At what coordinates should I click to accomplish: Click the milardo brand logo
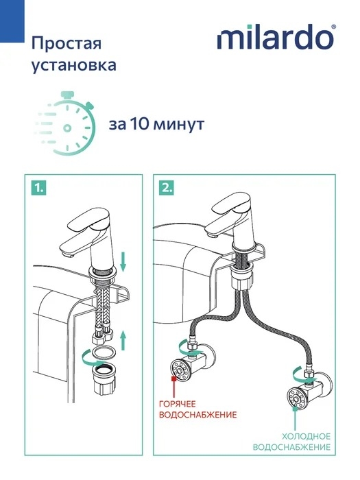point(274,37)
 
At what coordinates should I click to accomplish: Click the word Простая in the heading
point(67,43)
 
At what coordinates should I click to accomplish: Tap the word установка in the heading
point(74,65)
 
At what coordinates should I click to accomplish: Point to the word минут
point(178,125)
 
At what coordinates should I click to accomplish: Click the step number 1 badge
point(38,188)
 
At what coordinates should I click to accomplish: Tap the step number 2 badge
point(167,188)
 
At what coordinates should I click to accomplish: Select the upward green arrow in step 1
point(123,339)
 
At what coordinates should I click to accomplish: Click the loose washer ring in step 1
point(103,354)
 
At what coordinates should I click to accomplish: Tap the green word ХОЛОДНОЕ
point(306,436)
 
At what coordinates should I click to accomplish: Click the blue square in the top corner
point(12,21)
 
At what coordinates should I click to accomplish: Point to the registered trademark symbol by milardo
point(333,27)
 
